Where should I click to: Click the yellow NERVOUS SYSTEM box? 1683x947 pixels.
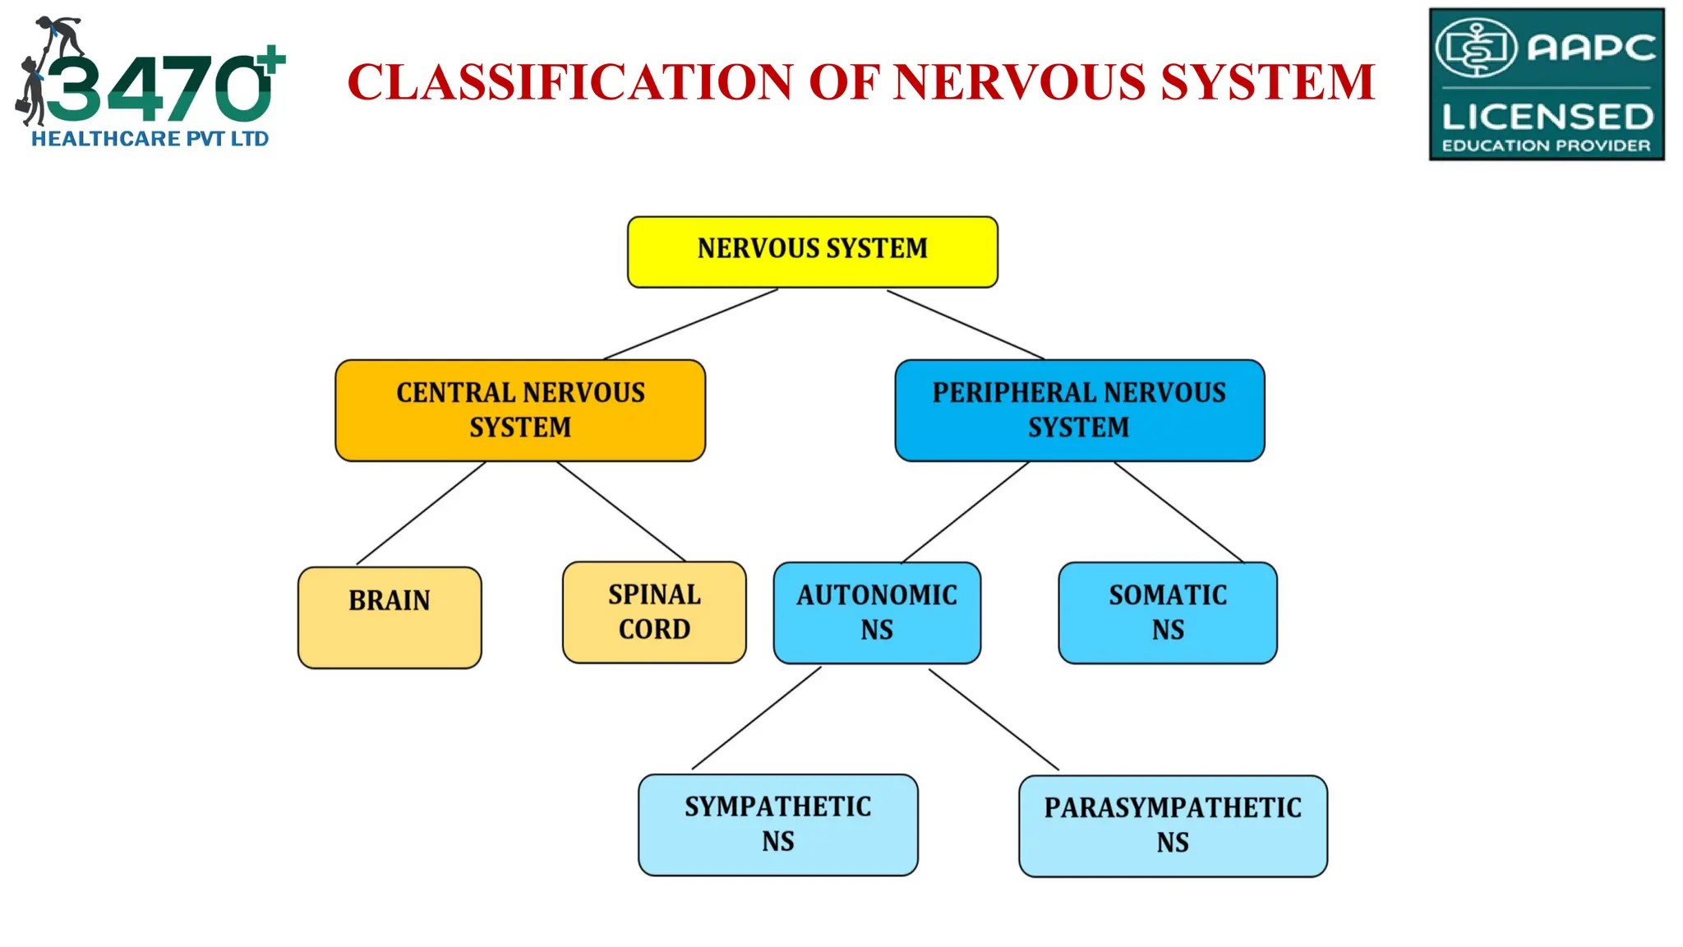coord(812,252)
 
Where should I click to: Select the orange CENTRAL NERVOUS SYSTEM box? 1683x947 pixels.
coord(520,410)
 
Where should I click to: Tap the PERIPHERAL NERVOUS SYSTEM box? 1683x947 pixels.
coord(1079,410)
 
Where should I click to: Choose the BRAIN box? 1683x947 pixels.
coord(390,617)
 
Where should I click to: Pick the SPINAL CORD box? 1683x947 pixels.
coord(654,612)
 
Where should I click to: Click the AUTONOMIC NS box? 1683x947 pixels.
coord(877,612)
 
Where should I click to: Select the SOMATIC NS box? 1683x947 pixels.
coord(1168,612)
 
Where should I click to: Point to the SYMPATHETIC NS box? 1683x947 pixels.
coord(777,825)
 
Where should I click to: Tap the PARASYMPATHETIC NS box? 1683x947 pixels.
coord(1173,825)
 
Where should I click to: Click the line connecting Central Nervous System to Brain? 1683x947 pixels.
coord(421,513)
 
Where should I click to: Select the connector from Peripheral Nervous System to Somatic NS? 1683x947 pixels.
coord(1179,512)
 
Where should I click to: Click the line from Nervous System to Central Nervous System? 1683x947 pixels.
coord(690,324)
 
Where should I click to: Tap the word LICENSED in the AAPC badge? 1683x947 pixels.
coord(1547,117)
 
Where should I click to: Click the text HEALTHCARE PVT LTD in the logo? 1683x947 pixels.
coord(150,139)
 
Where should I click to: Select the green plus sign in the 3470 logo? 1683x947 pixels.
coord(270,61)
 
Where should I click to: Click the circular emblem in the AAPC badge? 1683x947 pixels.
coord(1476,48)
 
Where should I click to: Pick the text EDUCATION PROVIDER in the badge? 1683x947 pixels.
coord(1546,146)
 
